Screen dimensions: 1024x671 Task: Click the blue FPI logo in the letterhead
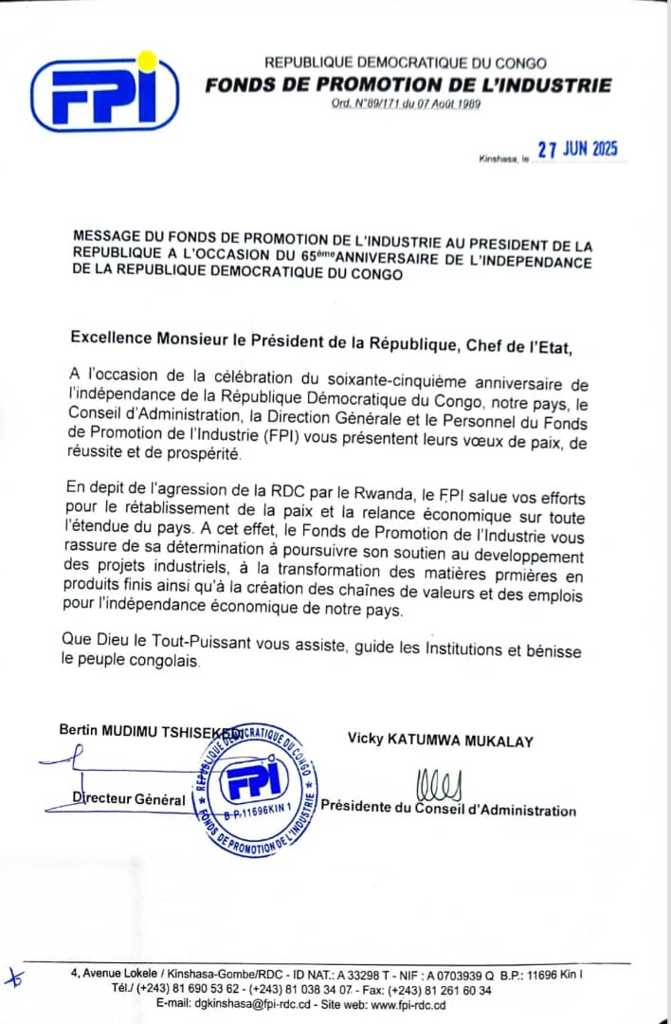coord(103,92)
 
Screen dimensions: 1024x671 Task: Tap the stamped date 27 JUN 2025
coord(577,150)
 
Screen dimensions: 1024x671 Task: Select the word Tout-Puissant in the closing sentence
coord(192,644)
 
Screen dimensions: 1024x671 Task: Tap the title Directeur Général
coord(129,798)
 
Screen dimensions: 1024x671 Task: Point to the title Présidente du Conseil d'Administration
coord(448,809)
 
